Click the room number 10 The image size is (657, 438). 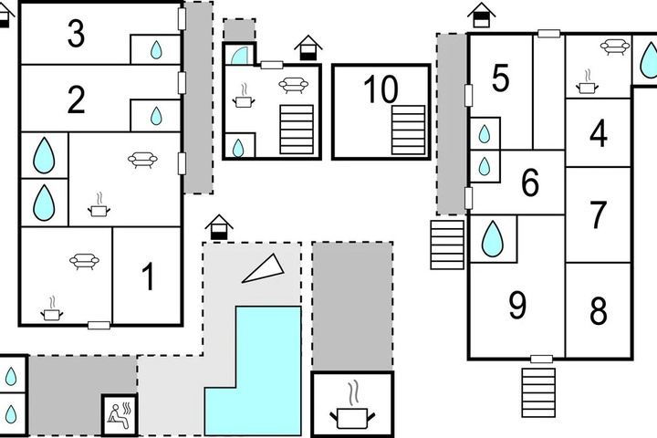381,89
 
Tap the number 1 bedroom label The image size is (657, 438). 149,276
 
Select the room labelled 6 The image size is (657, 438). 530,182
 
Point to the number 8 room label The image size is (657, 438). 599,310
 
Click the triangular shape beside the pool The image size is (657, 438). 264,268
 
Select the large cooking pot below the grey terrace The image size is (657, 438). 352,406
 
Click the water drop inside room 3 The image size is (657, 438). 156,49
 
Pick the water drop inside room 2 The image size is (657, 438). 156,116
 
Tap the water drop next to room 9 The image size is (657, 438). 492,238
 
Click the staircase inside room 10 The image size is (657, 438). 408,130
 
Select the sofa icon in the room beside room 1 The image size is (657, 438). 84,261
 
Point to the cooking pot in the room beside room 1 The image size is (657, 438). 51,309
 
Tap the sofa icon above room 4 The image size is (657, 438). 615,47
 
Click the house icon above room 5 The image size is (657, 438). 482,16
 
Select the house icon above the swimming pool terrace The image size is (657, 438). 219,227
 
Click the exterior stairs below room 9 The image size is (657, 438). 538,392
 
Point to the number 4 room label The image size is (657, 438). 599,133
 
